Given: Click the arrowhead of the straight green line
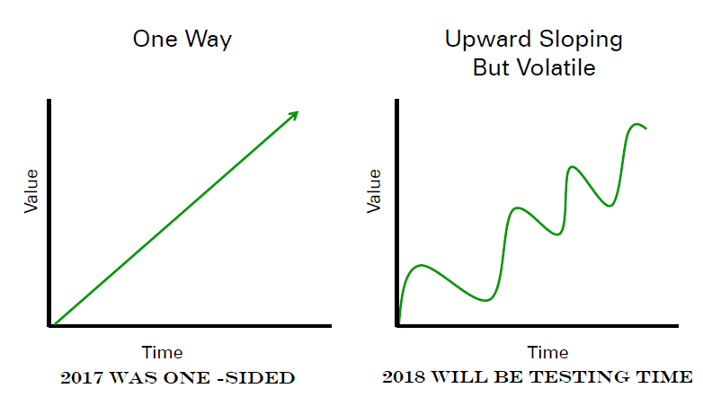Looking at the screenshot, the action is pyautogui.click(x=294, y=115).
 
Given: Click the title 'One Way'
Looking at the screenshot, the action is pyautogui.click(x=182, y=40).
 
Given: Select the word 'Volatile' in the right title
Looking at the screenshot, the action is pyautogui.click(x=556, y=68).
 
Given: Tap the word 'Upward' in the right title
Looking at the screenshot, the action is pyautogui.click(x=488, y=40).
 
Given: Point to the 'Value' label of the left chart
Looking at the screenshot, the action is pyautogui.click(x=31, y=191).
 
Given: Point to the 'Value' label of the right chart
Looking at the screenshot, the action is pyautogui.click(x=373, y=191).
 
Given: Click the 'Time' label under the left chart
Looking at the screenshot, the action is pyautogui.click(x=163, y=353).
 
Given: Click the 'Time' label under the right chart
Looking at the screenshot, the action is pyautogui.click(x=547, y=353).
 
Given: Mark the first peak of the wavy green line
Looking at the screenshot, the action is pyautogui.click(x=422, y=265).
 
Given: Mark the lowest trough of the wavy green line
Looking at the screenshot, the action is pyautogui.click(x=485, y=300).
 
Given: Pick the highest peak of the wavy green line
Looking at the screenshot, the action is pyautogui.click(x=636, y=124).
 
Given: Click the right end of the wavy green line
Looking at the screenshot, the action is pyautogui.click(x=646, y=128).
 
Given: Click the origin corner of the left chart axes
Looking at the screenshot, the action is pyautogui.click(x=49, y=326).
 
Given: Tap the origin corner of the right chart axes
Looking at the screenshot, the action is pyautogui.click(x=397, y=326).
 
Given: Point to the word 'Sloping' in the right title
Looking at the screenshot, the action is pyautogui.click(x=581, y=40).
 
